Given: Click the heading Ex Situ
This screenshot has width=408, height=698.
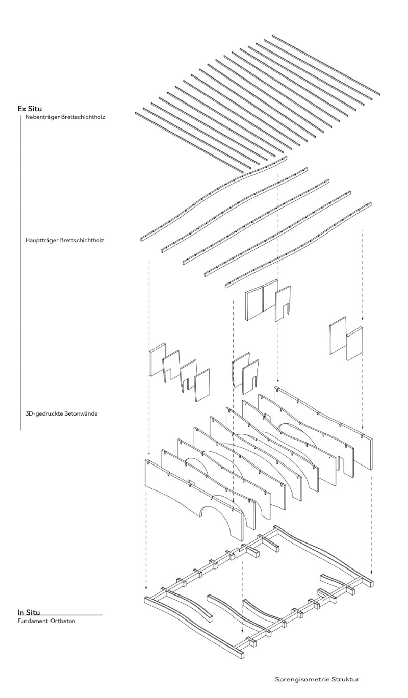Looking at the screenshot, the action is tap(30, 109).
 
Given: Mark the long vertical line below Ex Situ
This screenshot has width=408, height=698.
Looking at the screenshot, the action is tap(20, 273).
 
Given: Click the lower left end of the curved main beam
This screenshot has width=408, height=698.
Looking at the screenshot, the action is tap(141, 239).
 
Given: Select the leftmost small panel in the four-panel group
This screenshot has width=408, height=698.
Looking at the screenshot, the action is tap(158, 359).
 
